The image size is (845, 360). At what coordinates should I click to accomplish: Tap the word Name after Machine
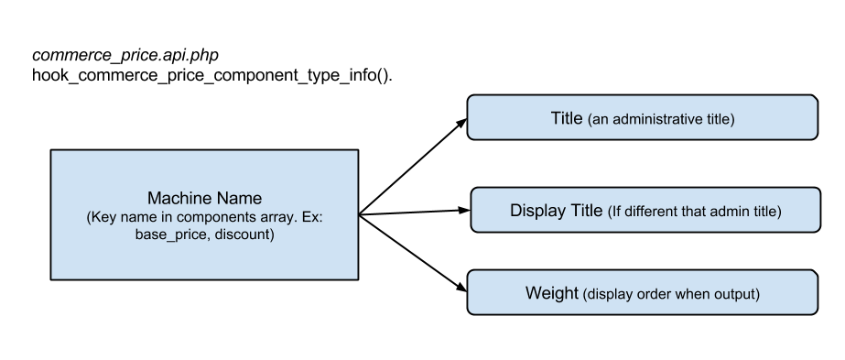(237, 199)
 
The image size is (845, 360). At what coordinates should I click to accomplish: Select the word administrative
(660, 119)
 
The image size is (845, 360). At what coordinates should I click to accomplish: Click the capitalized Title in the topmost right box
(567, 118)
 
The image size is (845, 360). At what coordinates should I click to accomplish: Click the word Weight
(551, 294)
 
